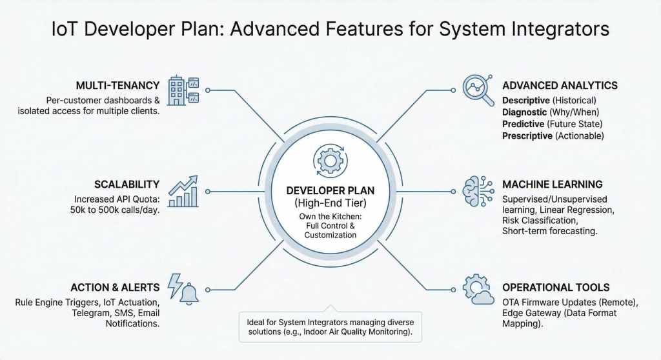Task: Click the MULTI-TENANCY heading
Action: (x=116, y=86)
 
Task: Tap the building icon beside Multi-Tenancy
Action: (x=183, y=90)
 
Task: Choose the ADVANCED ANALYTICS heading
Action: (x=560, y=86)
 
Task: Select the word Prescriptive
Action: (x=527, y=136)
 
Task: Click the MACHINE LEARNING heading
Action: (x=552, y=185)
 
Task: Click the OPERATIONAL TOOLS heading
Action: (x=555, y=288)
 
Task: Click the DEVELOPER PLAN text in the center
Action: (x=330, y=191)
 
